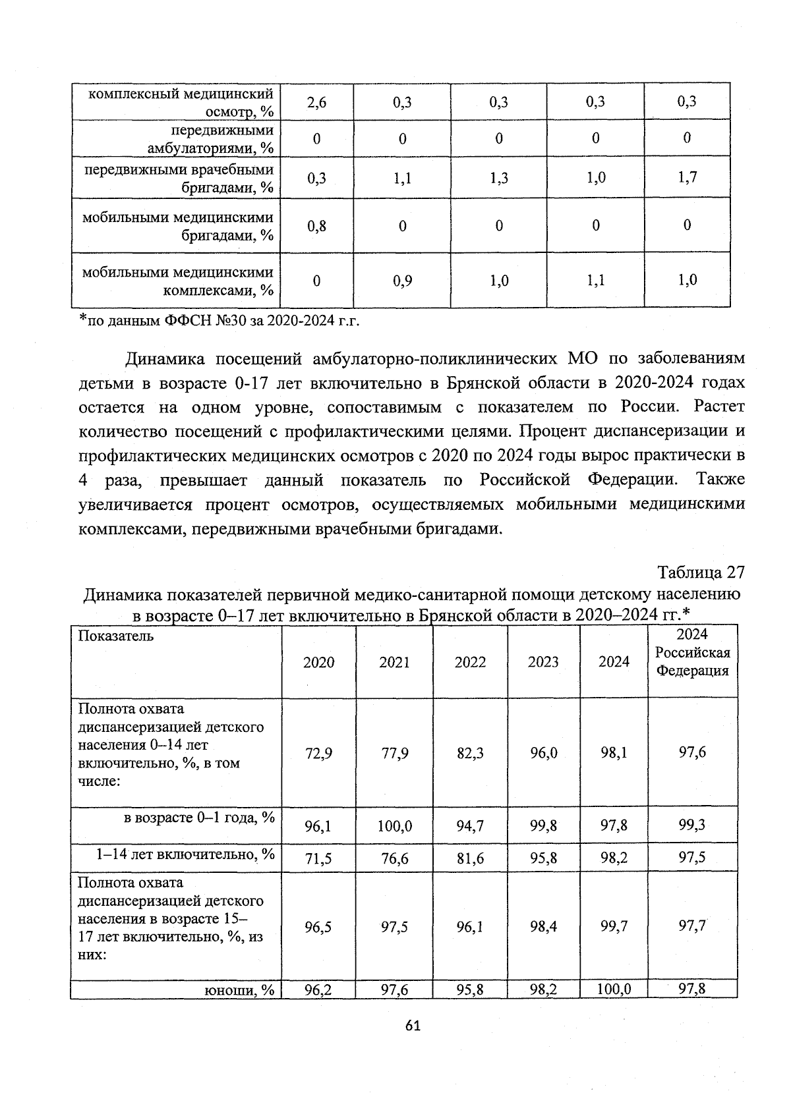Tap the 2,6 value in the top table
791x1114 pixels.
tap(316, 102)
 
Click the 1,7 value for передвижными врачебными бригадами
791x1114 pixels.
tap(687, 177)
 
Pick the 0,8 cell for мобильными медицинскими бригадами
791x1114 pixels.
tap(316, 226)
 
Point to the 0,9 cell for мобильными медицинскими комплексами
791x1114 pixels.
tap(402, 281)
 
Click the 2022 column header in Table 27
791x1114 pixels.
tap(470, 662)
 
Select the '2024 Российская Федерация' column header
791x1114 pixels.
tap(692, 652)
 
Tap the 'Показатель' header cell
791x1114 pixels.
tap(116, 636)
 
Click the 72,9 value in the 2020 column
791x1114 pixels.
tap(318, 753)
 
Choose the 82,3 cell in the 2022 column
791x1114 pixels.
tap(470, 753)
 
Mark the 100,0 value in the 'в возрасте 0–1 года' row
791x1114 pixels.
tap(394, 825)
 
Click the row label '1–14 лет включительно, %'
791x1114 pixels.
tap(185, 854)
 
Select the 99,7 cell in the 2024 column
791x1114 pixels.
tap(614, 926)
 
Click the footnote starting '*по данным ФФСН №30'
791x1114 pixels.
tap(218, 321)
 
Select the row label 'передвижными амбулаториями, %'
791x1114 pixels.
tap(211, 138)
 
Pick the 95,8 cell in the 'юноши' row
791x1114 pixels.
tap(470, 989)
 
